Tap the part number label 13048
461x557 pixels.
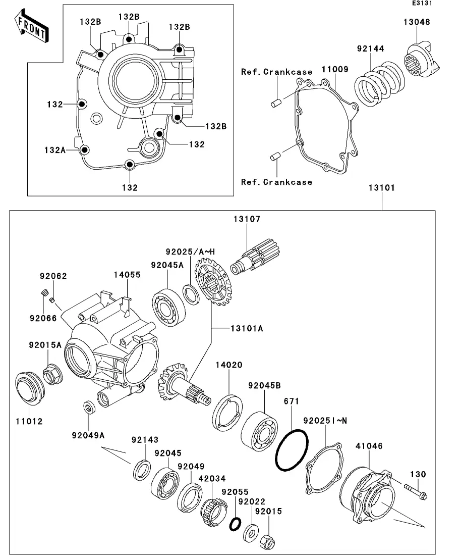click(x=417, y=22)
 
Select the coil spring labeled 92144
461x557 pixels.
click(x=379, y=84)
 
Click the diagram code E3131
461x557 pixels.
click(x=422, y=3)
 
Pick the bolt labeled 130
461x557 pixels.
click(x=416, y=491)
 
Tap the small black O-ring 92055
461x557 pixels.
click(x=235, y=524)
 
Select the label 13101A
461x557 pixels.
click(x=247, y=329)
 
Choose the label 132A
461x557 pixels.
click(x=54, y=150)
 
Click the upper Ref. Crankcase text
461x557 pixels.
click(x=276, y=72)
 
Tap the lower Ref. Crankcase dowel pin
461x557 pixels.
click(x=276, y=156)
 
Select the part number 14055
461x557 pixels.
click(x=127, y=275)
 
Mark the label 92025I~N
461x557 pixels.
click(x=325, y=421)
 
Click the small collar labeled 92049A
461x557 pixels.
click(x=88, y=407)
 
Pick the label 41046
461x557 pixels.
click(x=369, y=446)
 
